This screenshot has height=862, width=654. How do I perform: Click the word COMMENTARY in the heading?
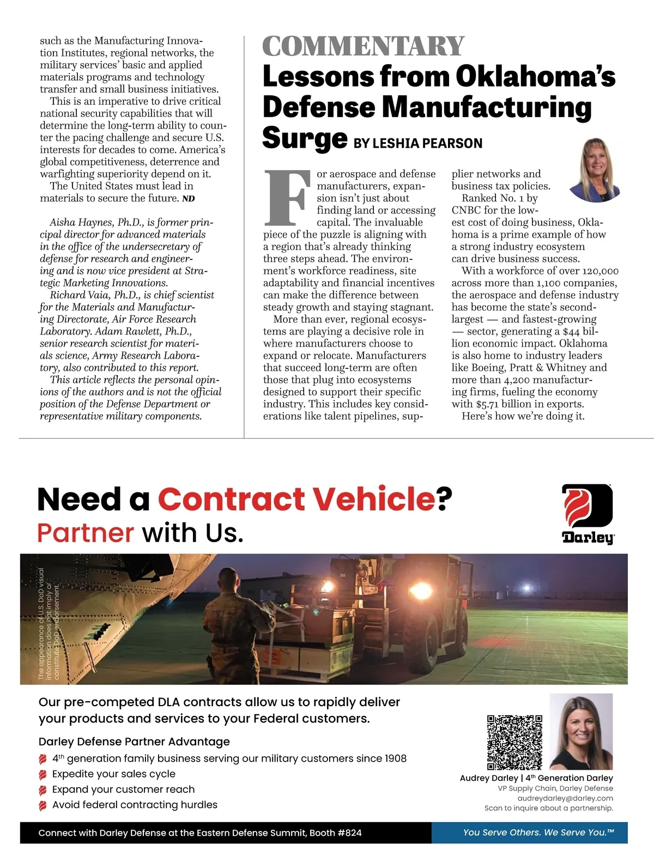point(363,46)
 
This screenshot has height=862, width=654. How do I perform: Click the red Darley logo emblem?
point(587,507)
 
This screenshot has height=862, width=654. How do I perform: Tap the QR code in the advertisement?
point(514,742)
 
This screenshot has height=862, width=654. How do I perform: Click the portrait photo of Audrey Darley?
point(581,731)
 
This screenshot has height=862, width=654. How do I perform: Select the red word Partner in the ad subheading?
point(86,533)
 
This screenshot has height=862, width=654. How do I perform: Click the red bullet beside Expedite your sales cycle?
point(43,774)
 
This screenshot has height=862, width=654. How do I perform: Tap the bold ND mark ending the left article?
point(188,199)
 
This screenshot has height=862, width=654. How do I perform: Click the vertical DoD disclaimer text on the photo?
point(49,624)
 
